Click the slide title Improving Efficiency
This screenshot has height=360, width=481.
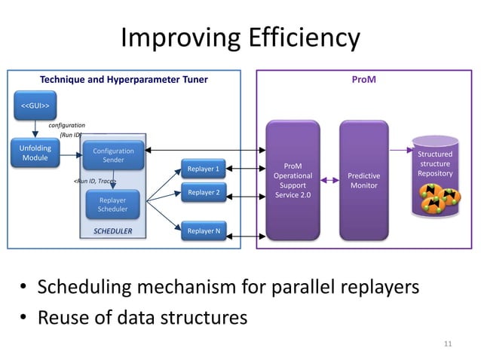tap(240, 38)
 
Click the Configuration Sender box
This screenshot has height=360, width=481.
tap(113, 156)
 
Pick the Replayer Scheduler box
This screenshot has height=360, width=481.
tap(113, 205)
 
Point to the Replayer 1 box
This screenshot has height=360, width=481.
tap(204, 169)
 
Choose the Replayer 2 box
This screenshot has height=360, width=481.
tap(204, 193)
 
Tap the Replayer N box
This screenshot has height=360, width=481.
tap(204, 231)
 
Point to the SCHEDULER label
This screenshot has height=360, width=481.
tap(112, 232)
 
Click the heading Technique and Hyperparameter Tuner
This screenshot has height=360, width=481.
tap(124, 78)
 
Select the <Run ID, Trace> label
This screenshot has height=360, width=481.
tap(93, 182)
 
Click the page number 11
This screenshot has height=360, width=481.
tap(448, 344)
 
